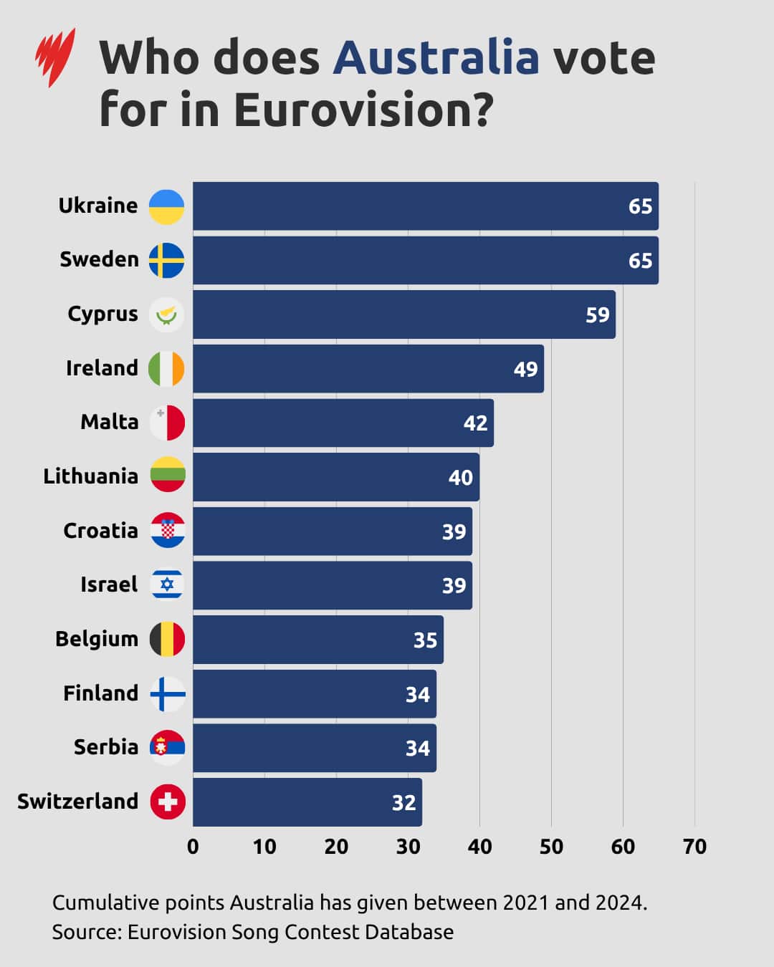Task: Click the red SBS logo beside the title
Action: point(55,57)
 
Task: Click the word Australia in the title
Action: point(436,58)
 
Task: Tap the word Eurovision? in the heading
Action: point(363,110)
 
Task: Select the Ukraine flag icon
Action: point(166,207)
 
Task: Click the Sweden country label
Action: point(99,259)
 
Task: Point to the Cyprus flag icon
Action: point(166,315)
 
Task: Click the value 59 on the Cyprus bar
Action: point(597,315)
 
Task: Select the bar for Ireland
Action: point(368,369)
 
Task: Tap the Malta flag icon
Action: point(167,423)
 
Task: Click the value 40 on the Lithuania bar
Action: point(460,478)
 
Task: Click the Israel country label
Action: point(109,584)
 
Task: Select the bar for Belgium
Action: point(317,640)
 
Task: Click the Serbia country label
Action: point(106,747)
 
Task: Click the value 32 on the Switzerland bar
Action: point(403,803)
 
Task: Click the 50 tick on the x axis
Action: point(551,847)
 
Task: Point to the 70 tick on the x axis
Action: point(694,847)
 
